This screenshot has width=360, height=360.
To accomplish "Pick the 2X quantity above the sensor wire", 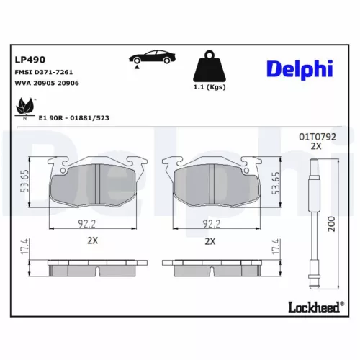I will pos(315,145).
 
